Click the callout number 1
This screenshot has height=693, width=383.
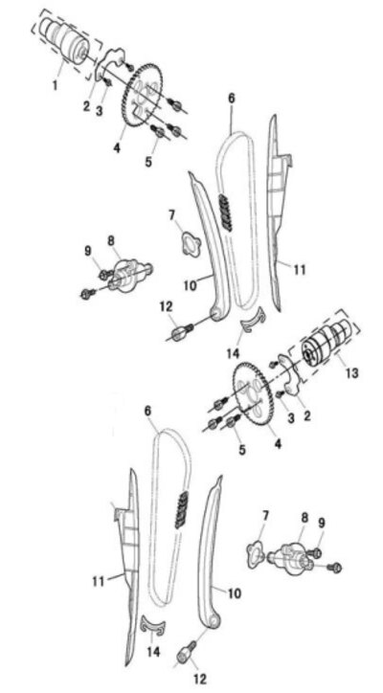55,85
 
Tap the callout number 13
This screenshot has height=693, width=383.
352,373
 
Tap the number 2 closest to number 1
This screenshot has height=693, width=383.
87,106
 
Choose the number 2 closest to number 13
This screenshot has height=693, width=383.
306,415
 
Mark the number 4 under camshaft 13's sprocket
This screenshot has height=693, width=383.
278,443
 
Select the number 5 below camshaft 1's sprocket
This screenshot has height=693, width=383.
148,162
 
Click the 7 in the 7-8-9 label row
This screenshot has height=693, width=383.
265,515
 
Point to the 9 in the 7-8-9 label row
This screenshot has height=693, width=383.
322,523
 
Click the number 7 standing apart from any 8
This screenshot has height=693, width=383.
172,215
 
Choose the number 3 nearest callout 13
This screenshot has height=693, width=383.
290,418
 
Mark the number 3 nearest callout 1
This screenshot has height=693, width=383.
99,110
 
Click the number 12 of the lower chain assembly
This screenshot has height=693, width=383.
200,679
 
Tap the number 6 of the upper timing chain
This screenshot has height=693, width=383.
232,98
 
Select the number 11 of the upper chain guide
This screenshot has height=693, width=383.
300,269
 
